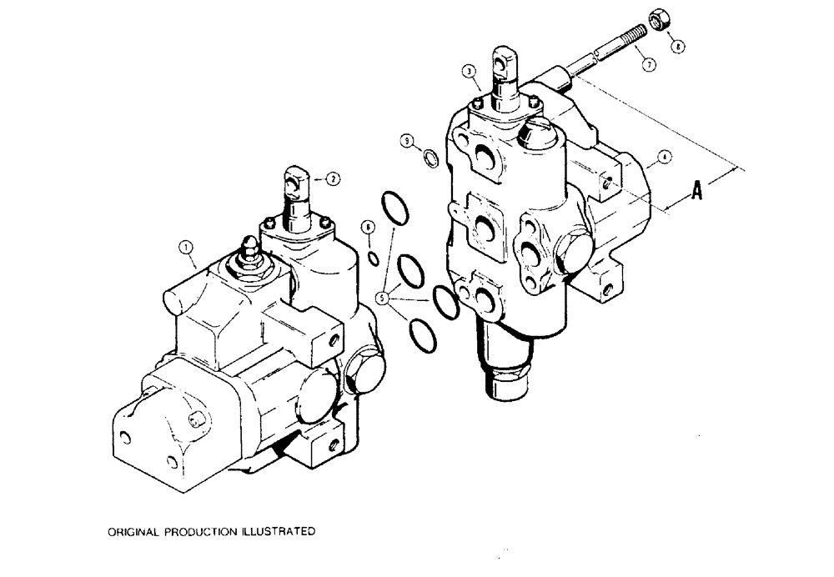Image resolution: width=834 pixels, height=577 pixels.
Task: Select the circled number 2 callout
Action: pyautogui.click(x=333, y=178)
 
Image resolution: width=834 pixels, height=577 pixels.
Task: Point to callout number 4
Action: pyautogui.click(x=665, y=155)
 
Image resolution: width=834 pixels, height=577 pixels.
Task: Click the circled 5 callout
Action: pyautogui.click(x=385, y=295)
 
